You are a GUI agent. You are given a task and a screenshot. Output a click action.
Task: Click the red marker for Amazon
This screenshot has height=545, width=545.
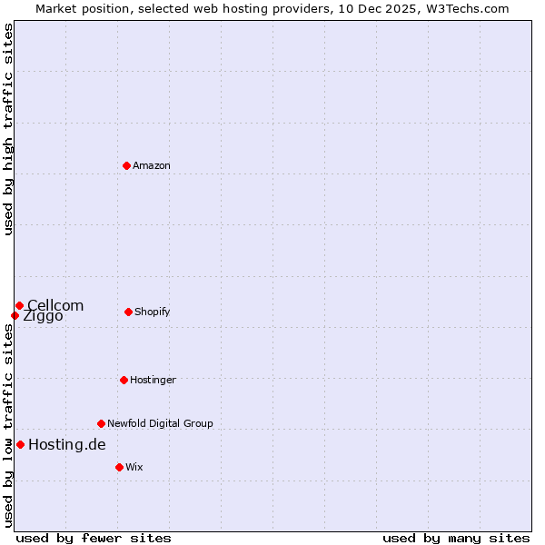[x=127, y=165]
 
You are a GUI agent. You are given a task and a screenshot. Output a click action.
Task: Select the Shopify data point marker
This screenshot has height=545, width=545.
[x=128, y=312]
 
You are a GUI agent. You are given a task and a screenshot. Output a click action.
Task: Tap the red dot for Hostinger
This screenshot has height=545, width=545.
[x=124, y=380]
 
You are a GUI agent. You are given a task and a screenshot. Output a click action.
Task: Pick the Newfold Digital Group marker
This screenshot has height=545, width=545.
[x=101, y=423]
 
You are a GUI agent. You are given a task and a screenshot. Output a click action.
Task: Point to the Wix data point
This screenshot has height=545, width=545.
[x=119, y=467]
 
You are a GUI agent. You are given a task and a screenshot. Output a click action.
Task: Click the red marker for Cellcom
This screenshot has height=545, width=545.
[x=19, y=305]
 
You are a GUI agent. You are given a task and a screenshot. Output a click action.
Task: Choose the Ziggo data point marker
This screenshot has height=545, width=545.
[x=15, y=315]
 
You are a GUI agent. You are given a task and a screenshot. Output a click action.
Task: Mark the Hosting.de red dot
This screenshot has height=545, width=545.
[x=20, y=444]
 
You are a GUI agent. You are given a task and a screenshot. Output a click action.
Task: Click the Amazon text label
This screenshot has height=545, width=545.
[x=152, y=165]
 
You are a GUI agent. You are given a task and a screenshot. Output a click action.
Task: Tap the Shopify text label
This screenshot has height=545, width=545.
[x=152, y=312]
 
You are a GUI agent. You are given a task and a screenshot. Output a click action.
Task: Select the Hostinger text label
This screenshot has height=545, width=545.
[x=153, y=380]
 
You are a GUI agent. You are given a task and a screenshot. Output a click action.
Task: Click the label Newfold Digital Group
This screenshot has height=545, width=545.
[x=160, y=423]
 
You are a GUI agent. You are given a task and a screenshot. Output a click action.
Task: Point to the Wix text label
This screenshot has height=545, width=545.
[x=134, y=467]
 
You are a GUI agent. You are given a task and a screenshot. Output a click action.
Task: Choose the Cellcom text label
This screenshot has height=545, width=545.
[x=55, y=305]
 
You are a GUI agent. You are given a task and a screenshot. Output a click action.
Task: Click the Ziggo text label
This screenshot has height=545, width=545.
[x=44, y=317]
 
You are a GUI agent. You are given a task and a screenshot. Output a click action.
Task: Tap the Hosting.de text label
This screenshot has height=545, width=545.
[x=67, y=444]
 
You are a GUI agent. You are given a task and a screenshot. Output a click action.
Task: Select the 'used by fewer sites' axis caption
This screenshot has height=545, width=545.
[x=94, y=538]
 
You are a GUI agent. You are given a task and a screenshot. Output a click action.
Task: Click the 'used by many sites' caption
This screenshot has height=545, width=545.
[x=456, y=538]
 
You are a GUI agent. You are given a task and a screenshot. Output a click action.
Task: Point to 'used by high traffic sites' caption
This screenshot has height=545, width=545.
[x=8, y=129]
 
